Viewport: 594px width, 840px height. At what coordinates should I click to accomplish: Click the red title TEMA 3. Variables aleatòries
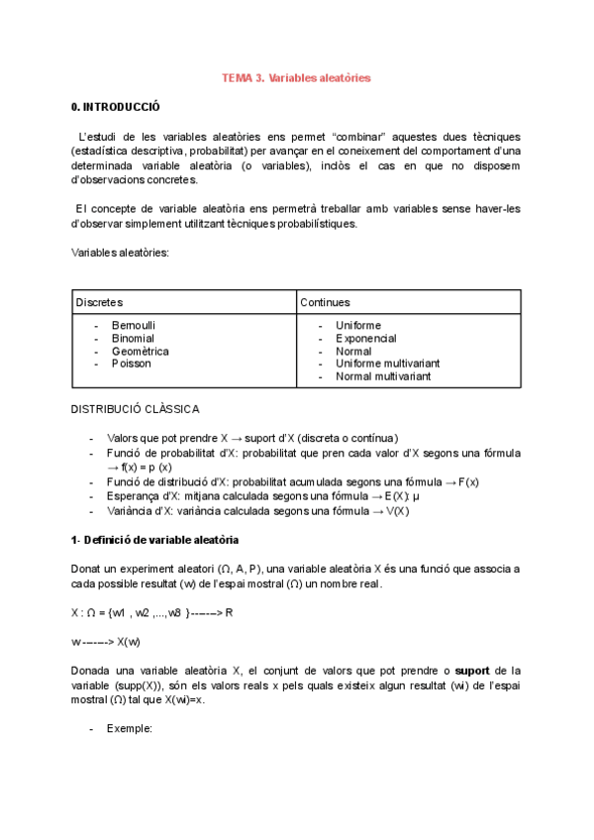point(296,78)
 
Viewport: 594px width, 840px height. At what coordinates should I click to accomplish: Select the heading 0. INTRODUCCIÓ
point(115,107)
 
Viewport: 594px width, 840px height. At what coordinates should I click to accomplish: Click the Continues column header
point(325,302)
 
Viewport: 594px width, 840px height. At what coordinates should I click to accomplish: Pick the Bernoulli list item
point(134,325)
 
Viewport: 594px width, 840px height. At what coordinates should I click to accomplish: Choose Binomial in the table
point(133,338)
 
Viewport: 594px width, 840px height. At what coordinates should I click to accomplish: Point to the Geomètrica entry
point(140,351)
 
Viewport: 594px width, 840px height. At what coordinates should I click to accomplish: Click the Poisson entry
point(131,364)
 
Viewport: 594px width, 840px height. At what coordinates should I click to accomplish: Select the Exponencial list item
point(365,338)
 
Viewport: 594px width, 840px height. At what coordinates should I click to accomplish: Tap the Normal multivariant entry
point(383,376)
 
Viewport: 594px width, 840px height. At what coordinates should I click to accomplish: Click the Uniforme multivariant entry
point(387,364)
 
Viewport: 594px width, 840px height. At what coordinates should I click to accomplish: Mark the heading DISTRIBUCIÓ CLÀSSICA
point(135,409)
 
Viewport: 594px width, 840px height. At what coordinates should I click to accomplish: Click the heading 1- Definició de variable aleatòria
point(154,540)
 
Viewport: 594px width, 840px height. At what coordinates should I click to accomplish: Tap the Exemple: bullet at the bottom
point(129,728)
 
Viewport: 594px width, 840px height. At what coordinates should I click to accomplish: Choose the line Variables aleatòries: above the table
point(120,253)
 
